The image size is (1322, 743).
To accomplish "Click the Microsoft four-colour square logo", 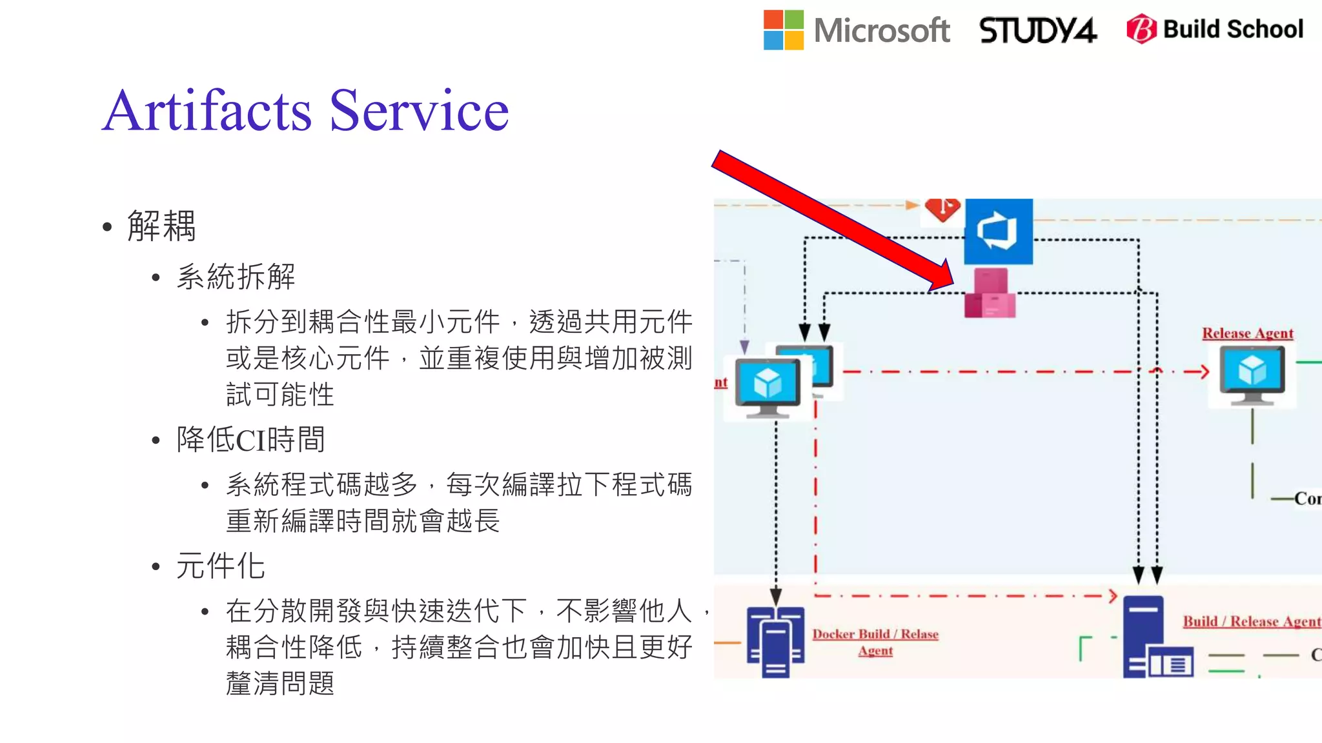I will point(783,30).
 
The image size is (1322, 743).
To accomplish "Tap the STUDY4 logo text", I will point(1037,30).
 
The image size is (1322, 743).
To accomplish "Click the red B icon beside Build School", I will point(1141,29).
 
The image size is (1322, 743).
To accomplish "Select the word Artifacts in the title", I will point(207,111).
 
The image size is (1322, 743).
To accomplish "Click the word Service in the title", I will point(419,111).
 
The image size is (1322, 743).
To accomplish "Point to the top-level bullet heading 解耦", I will point(161,226).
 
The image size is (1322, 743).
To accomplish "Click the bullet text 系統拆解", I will point(236,277).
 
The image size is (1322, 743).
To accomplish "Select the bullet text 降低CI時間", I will point(250,440).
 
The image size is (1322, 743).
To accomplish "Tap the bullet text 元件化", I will point(220,566).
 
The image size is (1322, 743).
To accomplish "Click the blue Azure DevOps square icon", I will point(998,232).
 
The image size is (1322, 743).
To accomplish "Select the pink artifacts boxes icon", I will point(990,294).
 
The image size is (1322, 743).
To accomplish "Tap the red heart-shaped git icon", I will point(942,209).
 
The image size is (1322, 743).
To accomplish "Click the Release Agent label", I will point(1247,333).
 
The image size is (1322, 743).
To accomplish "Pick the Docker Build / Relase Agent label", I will point(875,642).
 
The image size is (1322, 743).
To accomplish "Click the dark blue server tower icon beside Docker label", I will point(775,641).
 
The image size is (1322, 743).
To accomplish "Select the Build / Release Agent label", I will point(1251,621).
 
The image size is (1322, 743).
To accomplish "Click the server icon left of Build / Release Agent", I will point(1155,639).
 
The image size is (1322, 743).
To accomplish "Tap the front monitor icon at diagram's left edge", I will point(768,388).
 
